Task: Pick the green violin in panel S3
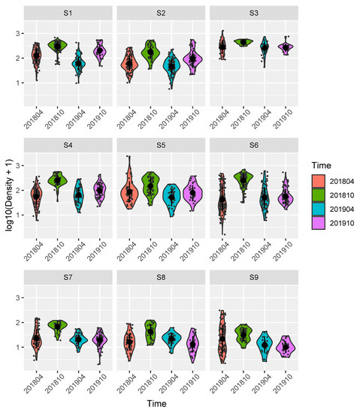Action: tap(244, 42)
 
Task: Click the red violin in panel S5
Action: tap(129, 192)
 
